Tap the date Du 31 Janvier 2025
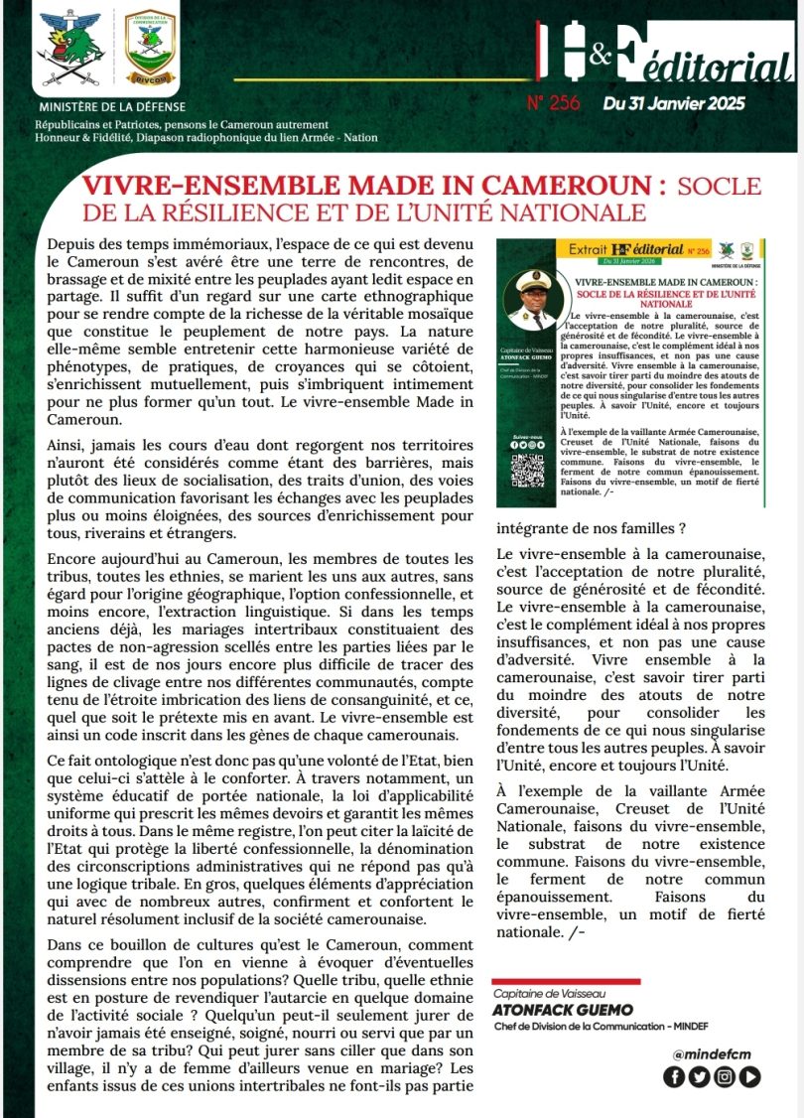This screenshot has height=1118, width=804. pyautogui.click(x=673, y=102)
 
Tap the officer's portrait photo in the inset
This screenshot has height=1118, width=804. pyautogui.click(x=534, y=300)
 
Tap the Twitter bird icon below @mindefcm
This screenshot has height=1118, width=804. pyautogui.click(x=699, y=1076)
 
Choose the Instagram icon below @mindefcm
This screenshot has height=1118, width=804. pyautogui.click(x=725, y=1076)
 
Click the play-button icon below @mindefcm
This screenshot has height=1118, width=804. pyautogui.click(x=750, y=1076)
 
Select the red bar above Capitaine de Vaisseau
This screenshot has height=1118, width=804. pyautogui.click(x=566, y=982)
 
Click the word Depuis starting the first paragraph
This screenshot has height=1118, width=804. pyautogui.click(x=72, y=244)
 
